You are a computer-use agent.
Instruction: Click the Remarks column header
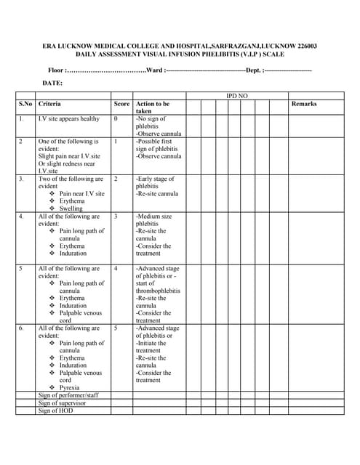click(x=303, y=104)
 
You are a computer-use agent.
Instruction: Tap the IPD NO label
click(x=237, y=96)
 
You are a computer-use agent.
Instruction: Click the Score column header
click(x=121, y=104)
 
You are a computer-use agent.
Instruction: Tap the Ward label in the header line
click(x=154, y=70)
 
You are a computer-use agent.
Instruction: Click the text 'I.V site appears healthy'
click(x=69, y=118)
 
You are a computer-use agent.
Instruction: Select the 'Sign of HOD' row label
click(x=55, y=411)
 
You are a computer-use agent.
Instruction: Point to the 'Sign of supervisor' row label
click(x=62, y=403)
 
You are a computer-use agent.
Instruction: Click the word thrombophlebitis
click(x=158, y=291)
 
